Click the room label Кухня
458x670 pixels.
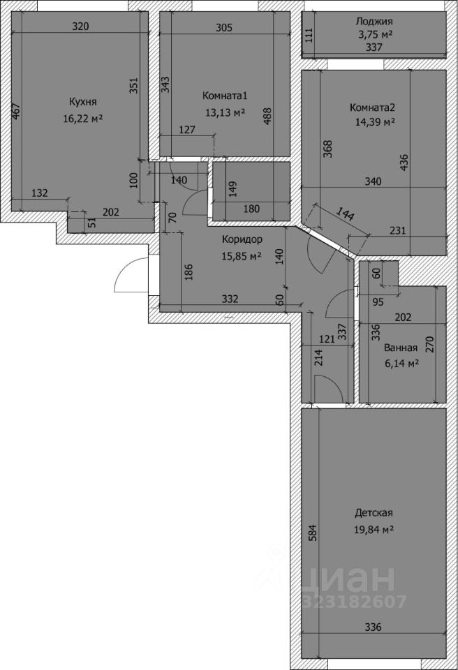83,102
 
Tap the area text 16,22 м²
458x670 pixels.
83,119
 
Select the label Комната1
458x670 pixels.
225,96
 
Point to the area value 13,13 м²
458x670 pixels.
225,112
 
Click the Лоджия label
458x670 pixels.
374,21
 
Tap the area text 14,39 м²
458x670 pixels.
375,123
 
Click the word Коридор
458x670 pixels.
242,239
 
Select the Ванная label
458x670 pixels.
401,348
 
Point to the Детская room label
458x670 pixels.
374,512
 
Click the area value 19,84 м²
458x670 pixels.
374,530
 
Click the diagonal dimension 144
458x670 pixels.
346,214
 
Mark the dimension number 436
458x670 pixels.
404,163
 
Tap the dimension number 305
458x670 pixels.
224,28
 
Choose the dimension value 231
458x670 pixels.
398,230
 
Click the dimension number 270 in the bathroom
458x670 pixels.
430,344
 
